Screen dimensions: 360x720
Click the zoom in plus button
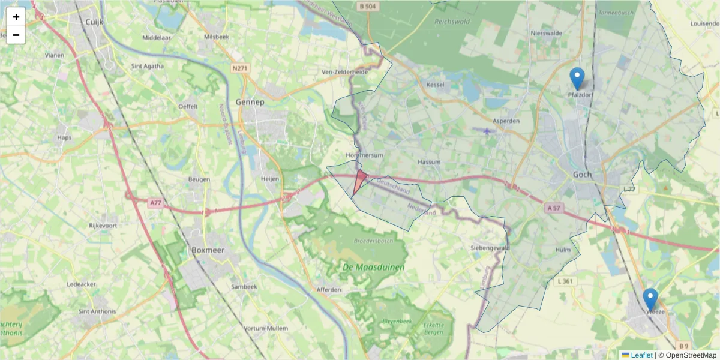pyautogui.click(x=16, y=17)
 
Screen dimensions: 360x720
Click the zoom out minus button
pyautogui.click(x=16, y=35)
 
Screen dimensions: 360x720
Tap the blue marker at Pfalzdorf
pyautogui.click(x=577, y=79)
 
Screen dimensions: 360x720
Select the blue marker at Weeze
pyautogui.click(x=650, y=299)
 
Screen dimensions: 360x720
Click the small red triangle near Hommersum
pyautogui.click(x=359, y=181)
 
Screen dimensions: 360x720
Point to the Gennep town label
pyautogui.click(x=250, y=102)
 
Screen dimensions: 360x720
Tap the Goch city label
pyautogui.click(x=582, y=175)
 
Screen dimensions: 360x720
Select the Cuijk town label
pyautogui.click(x=95, y=22)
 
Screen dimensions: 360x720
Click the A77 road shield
pyautogui.click(x=155, y=203)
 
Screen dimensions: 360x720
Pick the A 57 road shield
pyautogui.click(x=554, y=208)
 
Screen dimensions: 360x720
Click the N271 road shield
pyautogui.click(x=239, y=68)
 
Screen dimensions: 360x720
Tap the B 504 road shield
pyautogui.click(x=368, y=6)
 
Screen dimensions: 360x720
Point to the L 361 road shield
pyautogui.click(x=565, y=281)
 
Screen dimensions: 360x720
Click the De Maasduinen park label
pyautogui.click(x=374, y=267)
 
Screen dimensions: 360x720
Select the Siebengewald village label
pyautogui.click(x=490, y=247)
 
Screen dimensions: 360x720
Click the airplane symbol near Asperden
pyautogui.click(x=485, y=130)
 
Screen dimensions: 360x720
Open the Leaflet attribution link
pyautogui.click(x=641, y=355)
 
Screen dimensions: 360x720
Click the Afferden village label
pyautogui.click(x=329, y=290)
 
